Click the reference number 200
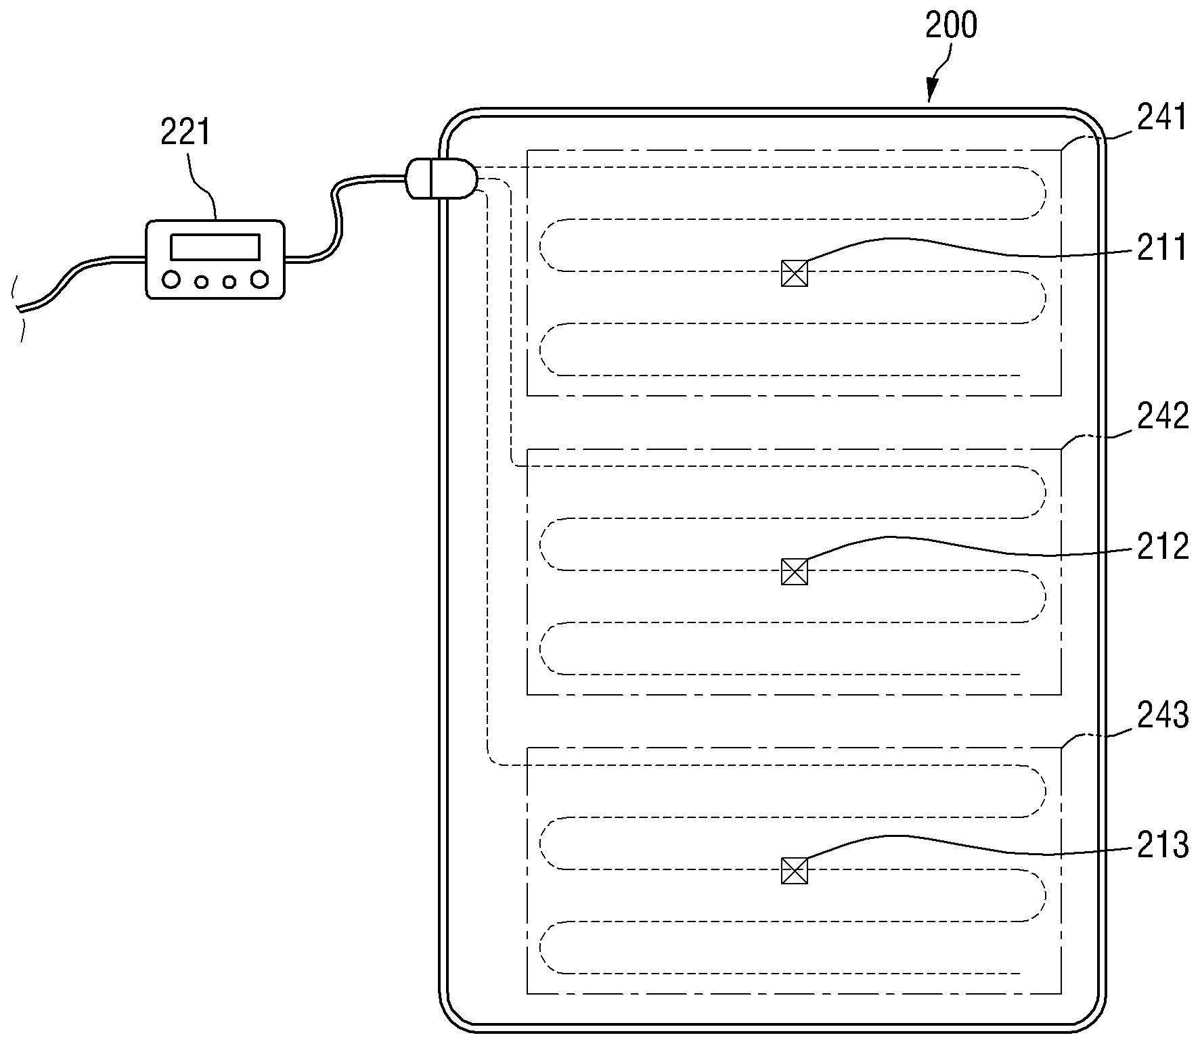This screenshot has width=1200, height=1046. coord(951,26)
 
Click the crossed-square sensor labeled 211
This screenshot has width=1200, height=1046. coord(795,273)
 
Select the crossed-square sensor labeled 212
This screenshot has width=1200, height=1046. coord(795,572)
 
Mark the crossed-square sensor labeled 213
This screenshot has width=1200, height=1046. coord(795,871)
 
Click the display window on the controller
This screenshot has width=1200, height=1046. coord(215,247)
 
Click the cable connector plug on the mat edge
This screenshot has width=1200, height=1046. coord(441,179)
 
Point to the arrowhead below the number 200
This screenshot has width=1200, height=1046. coord(932,90)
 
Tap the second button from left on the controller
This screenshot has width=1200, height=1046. coord(201,281)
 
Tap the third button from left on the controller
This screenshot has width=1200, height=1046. coord(229,281)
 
